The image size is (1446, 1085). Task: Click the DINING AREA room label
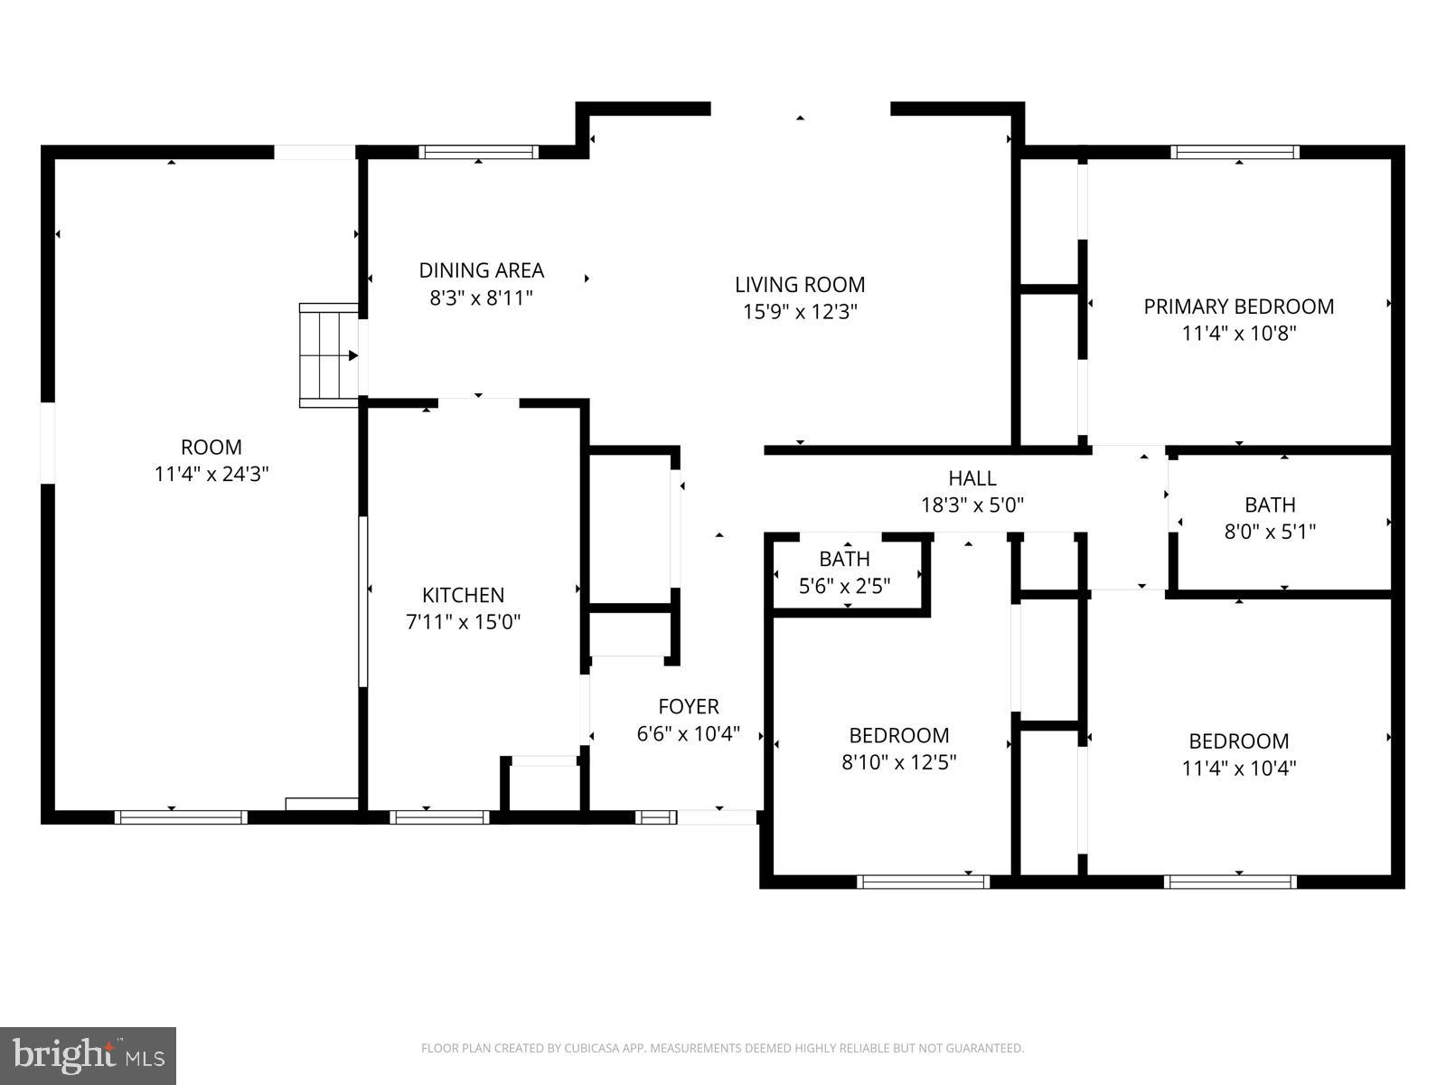pos(481,270)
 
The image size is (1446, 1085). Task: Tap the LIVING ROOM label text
pos(800,285)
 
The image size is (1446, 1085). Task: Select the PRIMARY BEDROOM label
pos(1238,307)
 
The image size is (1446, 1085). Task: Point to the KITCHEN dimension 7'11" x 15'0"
pos(463,621)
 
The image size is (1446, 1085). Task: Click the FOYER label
pos(689,706)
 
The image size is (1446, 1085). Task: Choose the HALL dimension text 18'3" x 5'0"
pos(972,505)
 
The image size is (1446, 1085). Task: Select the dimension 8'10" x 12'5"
pos(899,761)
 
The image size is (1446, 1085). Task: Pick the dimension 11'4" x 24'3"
pos(211,474)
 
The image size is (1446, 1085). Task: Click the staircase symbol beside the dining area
pos(329,355)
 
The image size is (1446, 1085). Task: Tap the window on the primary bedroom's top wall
pos(1235,152)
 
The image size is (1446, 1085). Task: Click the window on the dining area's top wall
pos(479,152)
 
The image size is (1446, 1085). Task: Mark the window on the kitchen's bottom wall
pos(439,816)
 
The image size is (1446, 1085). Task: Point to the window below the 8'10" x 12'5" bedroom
pos(923,882)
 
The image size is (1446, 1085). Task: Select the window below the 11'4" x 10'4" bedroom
pos(1230,882)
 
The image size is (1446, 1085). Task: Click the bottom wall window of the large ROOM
pos(181,816)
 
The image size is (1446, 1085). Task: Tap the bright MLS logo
pos(88,1055)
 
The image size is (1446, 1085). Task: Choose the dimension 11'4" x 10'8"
pos(1238,334)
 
